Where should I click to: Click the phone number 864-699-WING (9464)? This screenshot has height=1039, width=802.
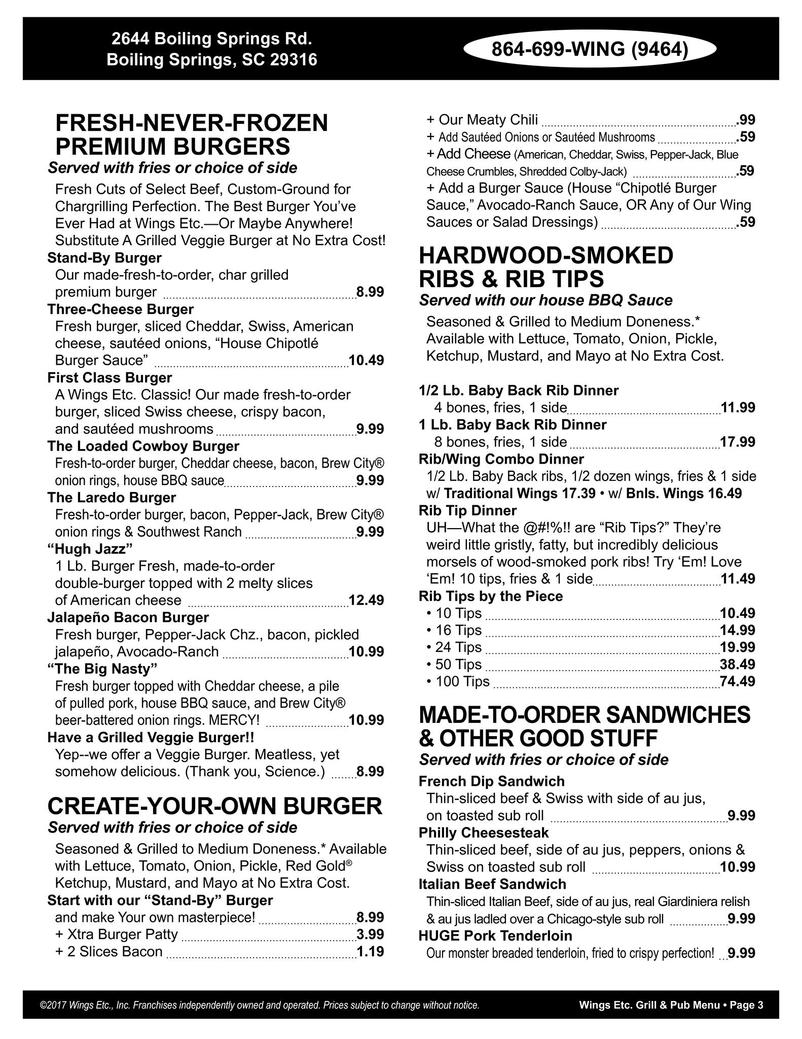(x=590, y=49)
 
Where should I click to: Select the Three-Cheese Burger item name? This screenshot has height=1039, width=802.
(x=121, y=309)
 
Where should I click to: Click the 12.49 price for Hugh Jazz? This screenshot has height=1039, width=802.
(x=366, y=600)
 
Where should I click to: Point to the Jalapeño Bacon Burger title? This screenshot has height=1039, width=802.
(x=128, y=617)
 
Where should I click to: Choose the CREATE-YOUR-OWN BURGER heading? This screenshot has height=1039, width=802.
(x=215, y=806)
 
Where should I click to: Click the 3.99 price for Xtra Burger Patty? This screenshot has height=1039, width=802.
(x=370, y=934)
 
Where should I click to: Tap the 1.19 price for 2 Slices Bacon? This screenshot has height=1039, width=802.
(x=370, y=951)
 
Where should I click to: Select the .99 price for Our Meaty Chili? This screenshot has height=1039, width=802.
(x=746, y=120)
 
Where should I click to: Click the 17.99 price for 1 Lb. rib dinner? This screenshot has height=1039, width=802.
(x=738, y=442)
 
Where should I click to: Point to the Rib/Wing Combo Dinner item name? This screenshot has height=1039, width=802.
(x=501, y=459)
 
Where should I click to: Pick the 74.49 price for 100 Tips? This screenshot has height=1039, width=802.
(x=738, y=681)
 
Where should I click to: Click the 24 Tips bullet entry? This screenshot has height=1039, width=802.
(x=454, y=647)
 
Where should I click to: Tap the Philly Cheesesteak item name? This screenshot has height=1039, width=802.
(x=484, y=833)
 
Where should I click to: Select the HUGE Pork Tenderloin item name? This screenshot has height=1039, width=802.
(x=495, y=936)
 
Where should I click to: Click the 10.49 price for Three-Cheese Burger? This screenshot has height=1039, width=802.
(x=366, y=361)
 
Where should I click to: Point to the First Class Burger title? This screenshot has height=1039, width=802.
(x=110, y=377)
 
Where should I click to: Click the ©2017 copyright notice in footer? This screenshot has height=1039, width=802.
(x=259, y=1005)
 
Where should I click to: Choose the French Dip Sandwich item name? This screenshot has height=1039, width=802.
(x=492, y=781)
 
